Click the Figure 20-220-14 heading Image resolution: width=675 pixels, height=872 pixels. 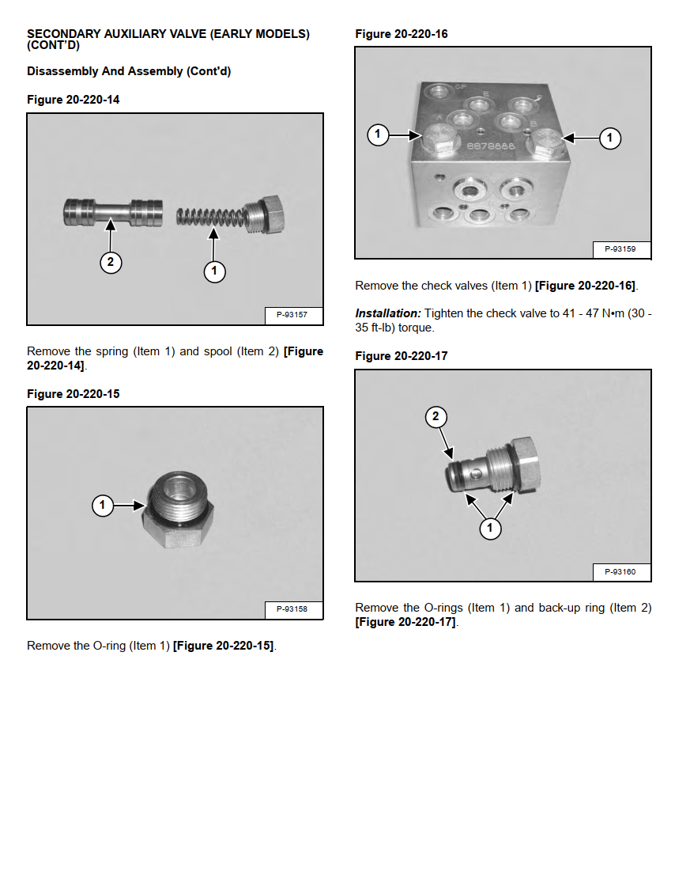[74, 100]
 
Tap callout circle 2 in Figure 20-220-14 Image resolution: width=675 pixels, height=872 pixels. [111, 263]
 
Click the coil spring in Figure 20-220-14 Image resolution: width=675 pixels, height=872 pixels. [209, 216]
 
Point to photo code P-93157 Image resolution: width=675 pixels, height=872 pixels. [292, 315]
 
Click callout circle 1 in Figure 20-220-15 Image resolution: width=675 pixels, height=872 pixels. [103, 505]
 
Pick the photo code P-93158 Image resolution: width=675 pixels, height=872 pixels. [292, 609]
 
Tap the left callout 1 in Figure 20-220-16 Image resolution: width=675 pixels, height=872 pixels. [378, 135]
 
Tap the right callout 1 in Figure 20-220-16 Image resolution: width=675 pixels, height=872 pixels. [609, 138]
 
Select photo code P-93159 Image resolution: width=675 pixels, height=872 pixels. [620, 249]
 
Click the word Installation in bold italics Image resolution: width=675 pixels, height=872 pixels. [387, 313]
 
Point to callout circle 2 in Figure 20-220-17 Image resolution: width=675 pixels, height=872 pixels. [436, 417]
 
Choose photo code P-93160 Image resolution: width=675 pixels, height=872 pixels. [620, 571]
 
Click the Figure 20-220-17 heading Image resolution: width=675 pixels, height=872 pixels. [402, 356]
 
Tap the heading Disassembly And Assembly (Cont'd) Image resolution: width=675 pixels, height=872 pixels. [129, 71]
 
